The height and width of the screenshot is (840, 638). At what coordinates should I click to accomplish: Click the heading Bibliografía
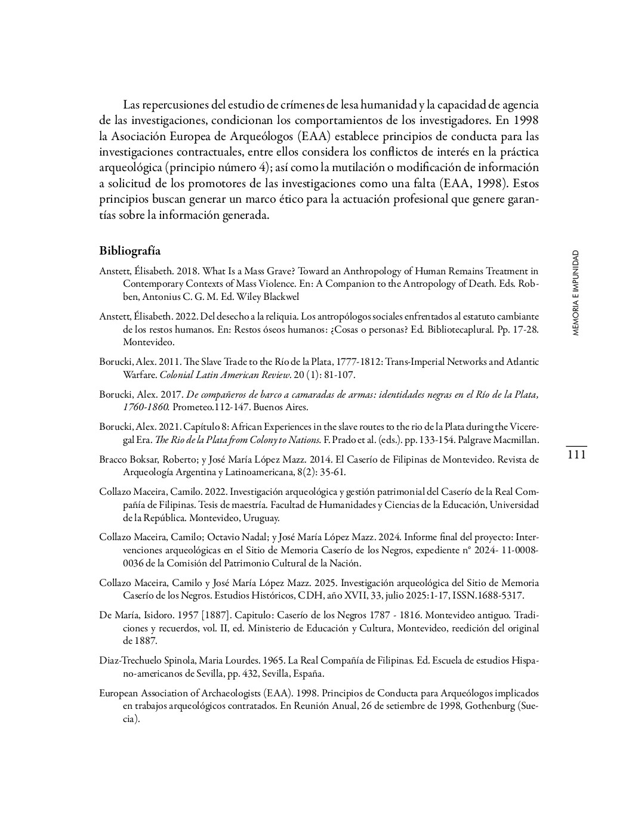click(130, 250)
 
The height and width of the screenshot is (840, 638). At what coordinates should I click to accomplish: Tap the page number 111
click(576, 455)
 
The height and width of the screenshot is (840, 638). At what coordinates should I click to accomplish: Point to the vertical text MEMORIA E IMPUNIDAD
click(575, 293)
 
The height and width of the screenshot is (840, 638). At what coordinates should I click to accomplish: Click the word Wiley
click(252, 296)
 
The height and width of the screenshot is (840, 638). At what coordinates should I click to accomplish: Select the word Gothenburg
click(490, 706)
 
